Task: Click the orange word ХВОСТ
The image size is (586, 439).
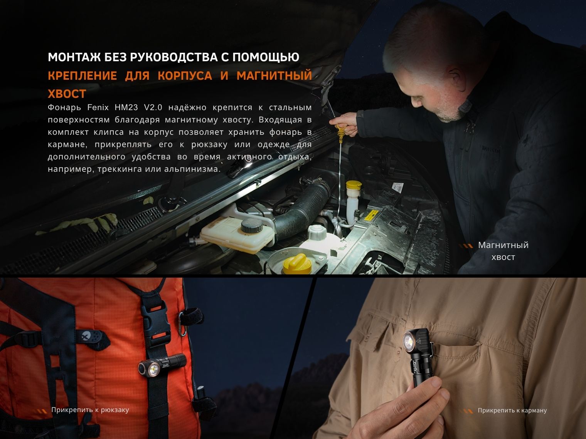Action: (67, 94)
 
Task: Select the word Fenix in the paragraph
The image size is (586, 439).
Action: (98, 107)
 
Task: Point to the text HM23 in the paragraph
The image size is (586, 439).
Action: (126, 107)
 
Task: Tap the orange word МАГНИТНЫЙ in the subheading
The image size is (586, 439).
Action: (274, 76)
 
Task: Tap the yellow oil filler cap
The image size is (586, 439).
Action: (297, 264)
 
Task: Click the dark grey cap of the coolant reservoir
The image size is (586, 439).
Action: (252, 226)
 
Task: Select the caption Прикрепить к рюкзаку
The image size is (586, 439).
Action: (90, 410)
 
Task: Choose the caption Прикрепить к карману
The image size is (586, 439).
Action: (512, 411)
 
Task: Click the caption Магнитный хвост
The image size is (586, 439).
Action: (503, 251)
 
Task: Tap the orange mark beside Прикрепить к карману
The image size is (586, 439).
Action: (468, 411)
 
